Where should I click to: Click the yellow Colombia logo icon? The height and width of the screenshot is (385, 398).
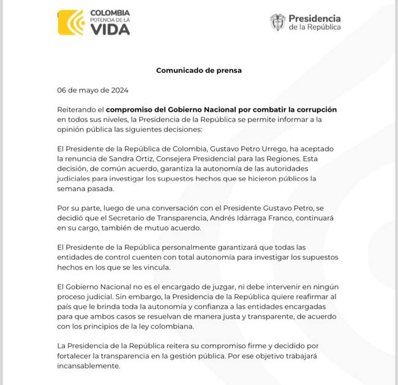point(70,23)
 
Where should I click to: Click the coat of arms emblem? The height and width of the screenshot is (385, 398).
point(277,22)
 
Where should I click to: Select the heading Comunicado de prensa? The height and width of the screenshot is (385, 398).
point(199,71)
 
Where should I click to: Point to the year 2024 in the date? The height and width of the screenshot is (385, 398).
point(117,90)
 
